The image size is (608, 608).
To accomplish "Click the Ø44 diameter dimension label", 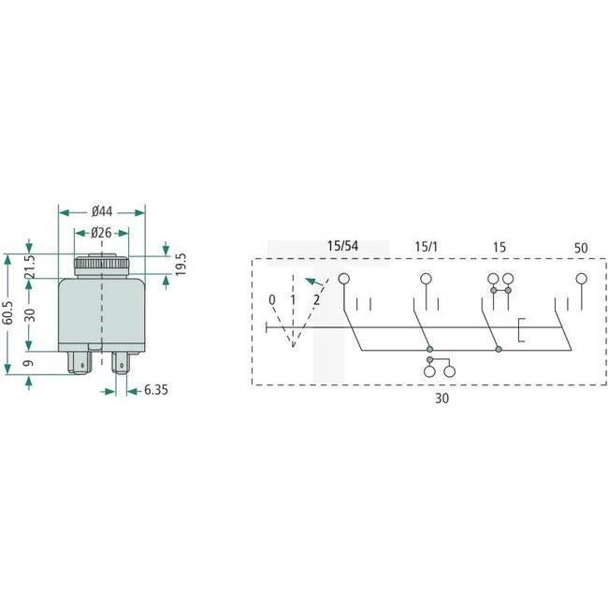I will (x=103, y=211).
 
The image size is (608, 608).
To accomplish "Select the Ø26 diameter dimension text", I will (x=102, y=233).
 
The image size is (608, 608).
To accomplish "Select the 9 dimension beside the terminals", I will (x=28, y=363).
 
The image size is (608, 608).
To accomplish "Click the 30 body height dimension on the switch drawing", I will (x=28, y=314).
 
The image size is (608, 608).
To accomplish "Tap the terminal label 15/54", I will (x=342, y=246).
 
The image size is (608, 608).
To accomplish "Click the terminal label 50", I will (x=581, y=247).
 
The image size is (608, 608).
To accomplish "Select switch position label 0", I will (x=271, y=299).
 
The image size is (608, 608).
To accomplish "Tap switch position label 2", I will (x=317, y=299).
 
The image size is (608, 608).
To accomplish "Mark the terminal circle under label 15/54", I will (x=343, y=279).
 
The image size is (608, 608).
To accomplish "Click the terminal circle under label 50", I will (x=581, y=279).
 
